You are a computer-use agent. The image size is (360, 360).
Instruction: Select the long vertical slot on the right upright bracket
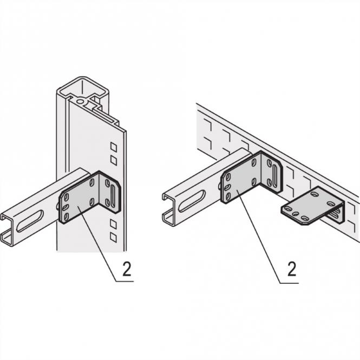[277, 176]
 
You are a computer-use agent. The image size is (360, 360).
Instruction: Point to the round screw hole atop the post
[81, 100]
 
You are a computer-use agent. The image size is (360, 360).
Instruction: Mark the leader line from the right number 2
[260, 238]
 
